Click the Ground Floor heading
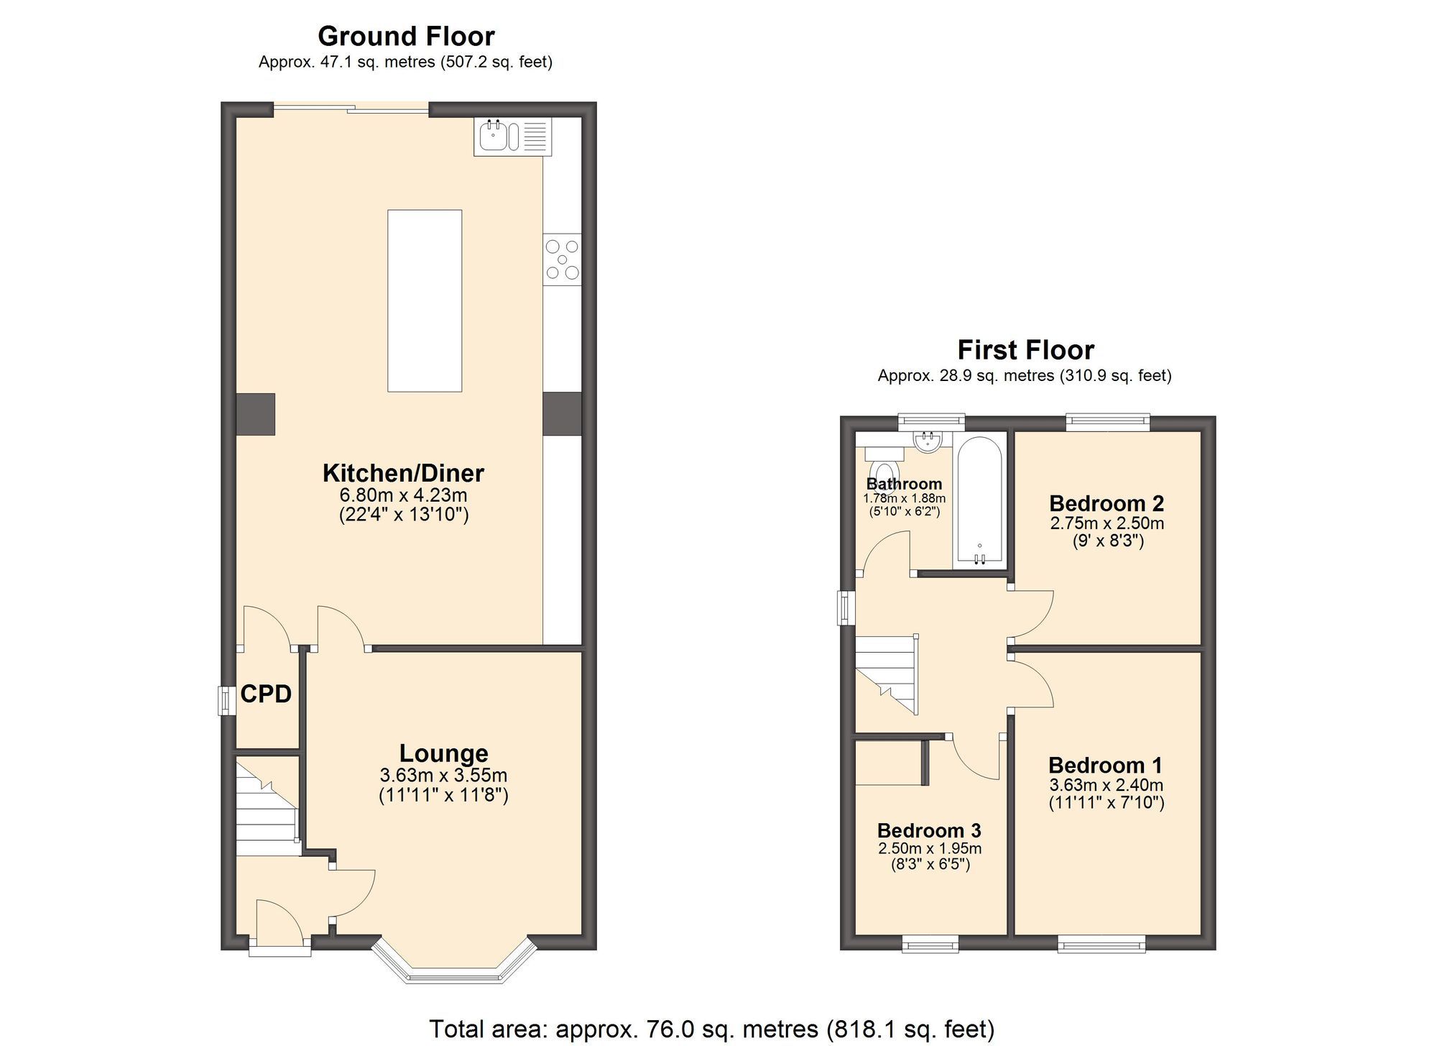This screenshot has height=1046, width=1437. pos(406,36)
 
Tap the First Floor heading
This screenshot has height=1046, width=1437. pos(1025,350)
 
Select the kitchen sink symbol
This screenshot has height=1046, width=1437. pos(496,137)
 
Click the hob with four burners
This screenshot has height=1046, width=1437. pos(562,260)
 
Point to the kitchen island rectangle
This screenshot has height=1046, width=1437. pos(424,301)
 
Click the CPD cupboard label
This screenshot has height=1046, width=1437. pos(266,694)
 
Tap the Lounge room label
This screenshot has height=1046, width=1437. pos(443,753)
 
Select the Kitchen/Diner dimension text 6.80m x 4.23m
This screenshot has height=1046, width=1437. pos(403,495)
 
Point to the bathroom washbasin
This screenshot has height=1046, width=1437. pos(928,440)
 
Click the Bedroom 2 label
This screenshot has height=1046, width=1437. pos(1106,503)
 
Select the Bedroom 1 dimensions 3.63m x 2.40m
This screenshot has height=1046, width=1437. pos(1106,785)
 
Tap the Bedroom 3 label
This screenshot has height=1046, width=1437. pos(929,830)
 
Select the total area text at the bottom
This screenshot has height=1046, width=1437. pos(711,1029)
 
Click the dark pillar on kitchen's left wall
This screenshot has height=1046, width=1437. pos(256,414)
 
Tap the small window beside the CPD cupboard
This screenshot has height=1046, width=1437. pos(226,700)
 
